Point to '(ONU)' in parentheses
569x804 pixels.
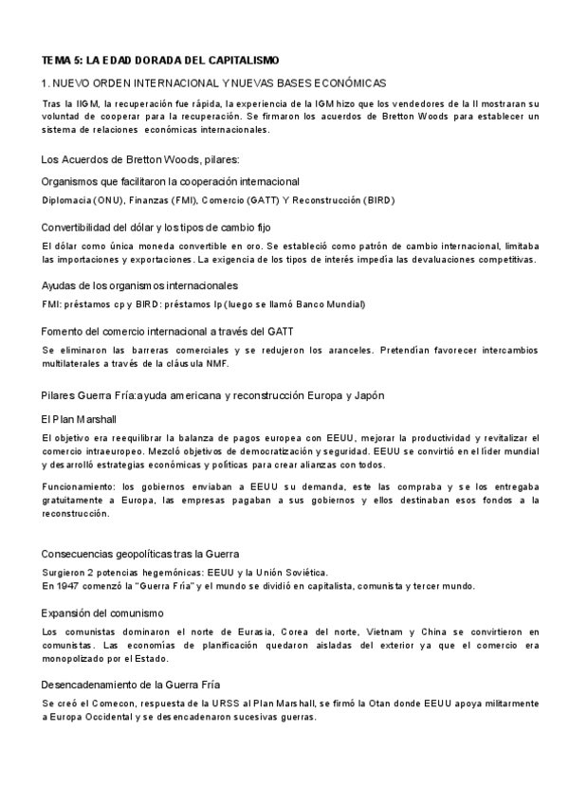tap(107, 200)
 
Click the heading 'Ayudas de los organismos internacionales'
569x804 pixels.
tap(139, 285)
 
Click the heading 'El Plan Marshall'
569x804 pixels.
tap(79, 418)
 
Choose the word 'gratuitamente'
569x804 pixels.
tap(75, 500)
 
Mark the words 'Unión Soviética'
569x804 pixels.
tap(290, 572)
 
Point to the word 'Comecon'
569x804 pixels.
tap(108, 703)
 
